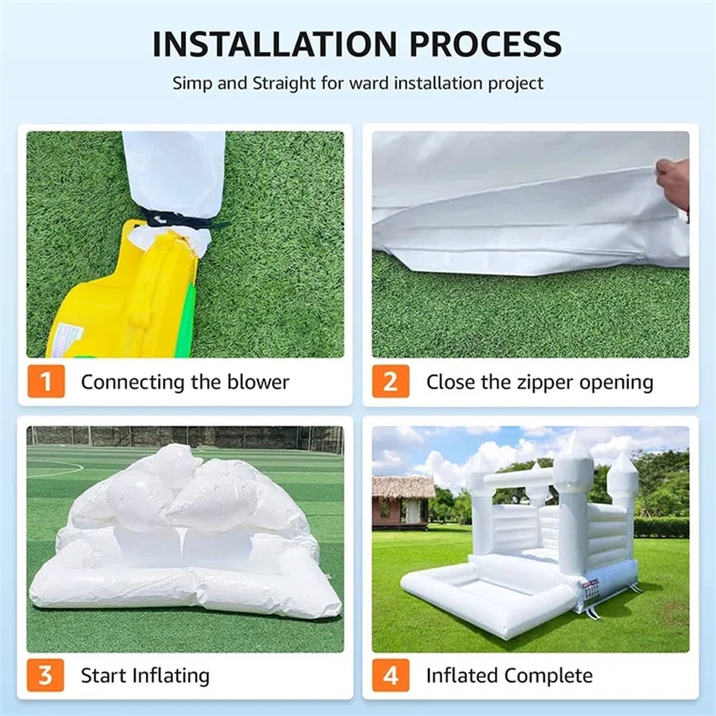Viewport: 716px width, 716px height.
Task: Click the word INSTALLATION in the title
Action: [275, 44]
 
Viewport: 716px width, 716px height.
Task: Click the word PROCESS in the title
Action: [485, 44]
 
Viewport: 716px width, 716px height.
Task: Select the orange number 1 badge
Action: [47, 381]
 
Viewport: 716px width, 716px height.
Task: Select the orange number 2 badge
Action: [390, 381]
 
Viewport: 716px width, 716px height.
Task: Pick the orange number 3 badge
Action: [46, 675]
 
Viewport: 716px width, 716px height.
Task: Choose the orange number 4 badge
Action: [390, 675]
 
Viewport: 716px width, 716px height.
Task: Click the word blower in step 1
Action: [258, 382]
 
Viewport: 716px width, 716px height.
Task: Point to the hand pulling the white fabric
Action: [672, 181]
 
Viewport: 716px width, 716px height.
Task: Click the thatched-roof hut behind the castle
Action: [402, 502]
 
